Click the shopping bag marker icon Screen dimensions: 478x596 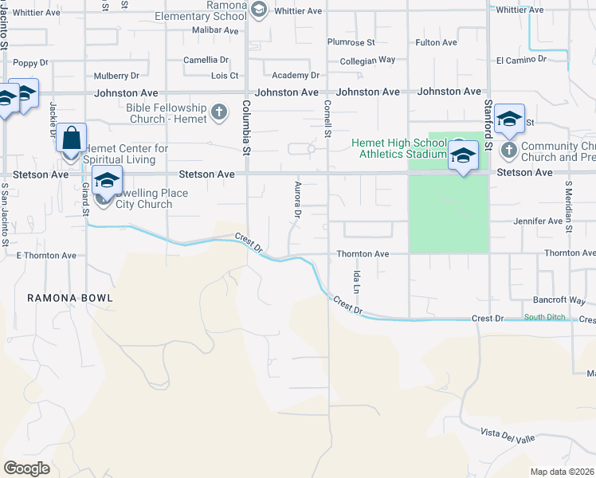click(72, 138)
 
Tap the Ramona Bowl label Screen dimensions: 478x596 click(70, 298)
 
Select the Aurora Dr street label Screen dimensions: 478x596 click(296, 199)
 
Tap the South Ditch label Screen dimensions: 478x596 click(544, 318)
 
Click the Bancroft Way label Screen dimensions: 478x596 click(559, 302)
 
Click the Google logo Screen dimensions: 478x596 click(26, 468)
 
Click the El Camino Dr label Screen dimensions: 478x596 click(521, 60)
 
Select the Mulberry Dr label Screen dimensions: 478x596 click(116, 76)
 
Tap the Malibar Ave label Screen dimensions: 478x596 click(215, 30)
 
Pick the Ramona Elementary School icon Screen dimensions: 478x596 click(257, 10)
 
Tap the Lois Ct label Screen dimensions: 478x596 click(224, 76)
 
